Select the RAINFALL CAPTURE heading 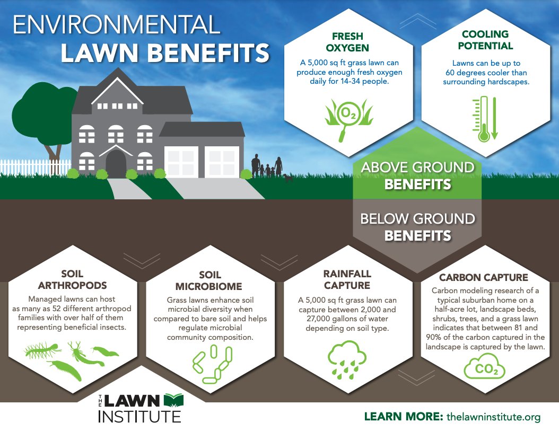(347, 279)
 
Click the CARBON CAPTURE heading (483, 277)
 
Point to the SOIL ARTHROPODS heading (73, 280)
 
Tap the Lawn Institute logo (139, 408)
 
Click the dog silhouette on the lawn (288, 178)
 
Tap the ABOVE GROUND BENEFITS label (417, 175)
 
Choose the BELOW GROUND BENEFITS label (417, 226)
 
